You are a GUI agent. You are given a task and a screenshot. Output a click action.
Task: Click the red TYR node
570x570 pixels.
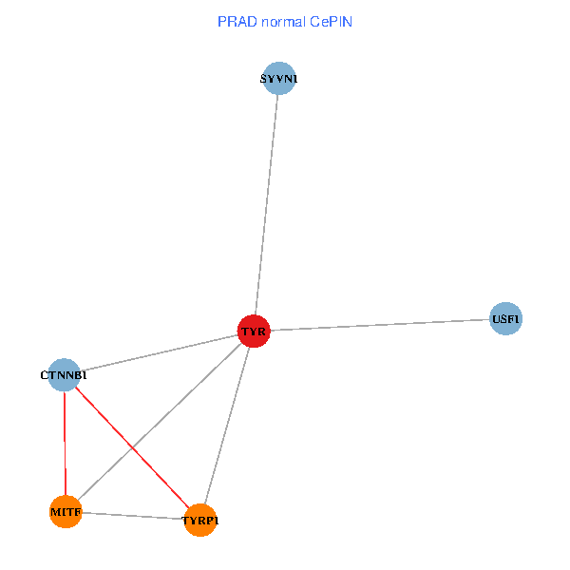254,332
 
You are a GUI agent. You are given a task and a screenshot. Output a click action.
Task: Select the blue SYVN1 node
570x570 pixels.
278,79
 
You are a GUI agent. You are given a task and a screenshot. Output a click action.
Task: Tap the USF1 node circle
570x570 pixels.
505,319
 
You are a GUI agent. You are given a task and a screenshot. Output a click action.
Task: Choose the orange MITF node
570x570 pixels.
66,512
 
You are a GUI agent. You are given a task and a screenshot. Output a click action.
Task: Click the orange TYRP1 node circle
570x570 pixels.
199,520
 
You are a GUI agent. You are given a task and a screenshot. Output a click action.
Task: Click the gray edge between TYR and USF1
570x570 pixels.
380,325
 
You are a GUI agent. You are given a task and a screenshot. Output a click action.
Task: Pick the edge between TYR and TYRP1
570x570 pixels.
228,422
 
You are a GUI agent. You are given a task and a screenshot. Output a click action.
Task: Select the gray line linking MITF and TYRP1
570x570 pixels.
133,516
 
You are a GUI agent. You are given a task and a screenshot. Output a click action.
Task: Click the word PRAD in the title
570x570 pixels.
236,21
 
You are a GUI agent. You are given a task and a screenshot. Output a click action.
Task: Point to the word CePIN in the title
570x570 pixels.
333,21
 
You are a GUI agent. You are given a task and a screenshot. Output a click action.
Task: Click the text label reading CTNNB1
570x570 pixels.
64,375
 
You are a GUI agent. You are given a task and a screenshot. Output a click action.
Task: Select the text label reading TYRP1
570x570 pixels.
200,521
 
